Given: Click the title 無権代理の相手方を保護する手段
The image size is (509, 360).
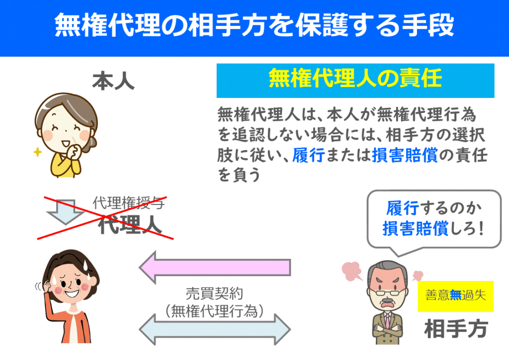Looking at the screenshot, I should pyautogui.click(x=254, y=25).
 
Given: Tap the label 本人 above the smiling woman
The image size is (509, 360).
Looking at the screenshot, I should pyautogui.click(x=113, y=82).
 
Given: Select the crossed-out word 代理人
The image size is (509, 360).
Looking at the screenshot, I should pyautogui.click(x=130, y=224).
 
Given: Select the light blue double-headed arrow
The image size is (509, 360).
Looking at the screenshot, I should pyautogui.click(x=214, y=329).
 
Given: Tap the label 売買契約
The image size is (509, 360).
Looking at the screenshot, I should pyautogui.click(x=214, y=293).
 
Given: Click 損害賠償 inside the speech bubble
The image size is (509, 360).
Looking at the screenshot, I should pyautogui.click(x=416, y=229).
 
